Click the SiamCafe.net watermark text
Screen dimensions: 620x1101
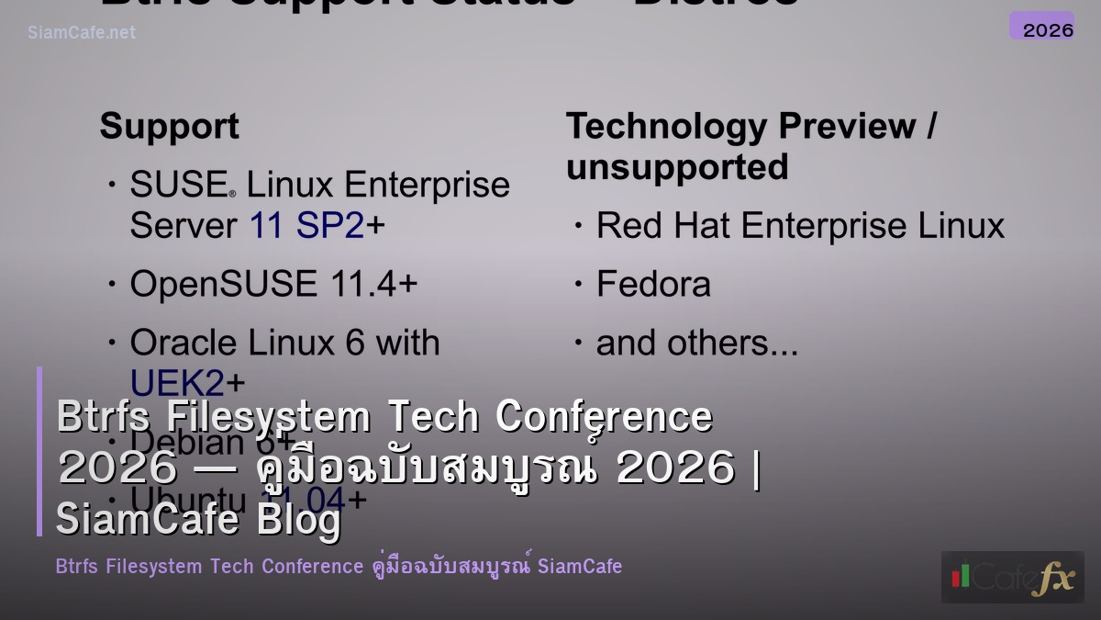[x=82, y=33]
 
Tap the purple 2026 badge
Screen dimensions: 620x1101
[x=1041, y=27]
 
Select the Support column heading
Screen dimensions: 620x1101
[x=169, y=127]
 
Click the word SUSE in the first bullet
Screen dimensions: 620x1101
[x=179, y=186]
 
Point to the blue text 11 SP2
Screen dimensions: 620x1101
[x=307, y=226]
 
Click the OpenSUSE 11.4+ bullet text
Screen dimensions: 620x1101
[x=273, y=284]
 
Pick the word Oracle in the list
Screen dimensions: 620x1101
[x=183, y=343]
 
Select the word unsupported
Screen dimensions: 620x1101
[x=677, y=167]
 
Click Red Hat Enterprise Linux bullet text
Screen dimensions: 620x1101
[x=800, y=226]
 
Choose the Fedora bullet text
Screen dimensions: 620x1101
[x=653, y=284]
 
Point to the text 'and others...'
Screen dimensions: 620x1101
[x=696, y=343]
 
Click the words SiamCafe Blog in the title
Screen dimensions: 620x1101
[x=198, y=519]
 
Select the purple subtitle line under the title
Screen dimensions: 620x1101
[x=339, y=566]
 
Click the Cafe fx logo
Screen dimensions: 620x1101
[x=1012, y=577]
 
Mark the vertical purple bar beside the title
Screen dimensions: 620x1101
[x=39, y=451]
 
